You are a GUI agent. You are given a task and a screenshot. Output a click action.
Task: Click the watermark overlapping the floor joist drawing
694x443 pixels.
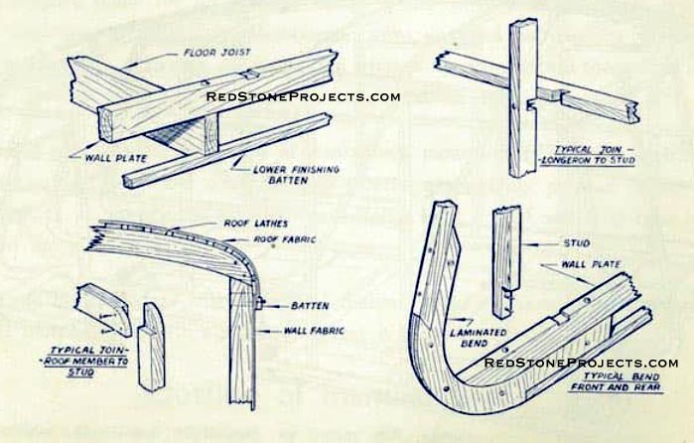point(303,96)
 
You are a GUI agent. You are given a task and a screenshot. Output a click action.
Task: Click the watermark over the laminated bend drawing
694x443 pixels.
point(581,363)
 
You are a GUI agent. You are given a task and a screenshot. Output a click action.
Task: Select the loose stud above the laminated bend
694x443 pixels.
point(507,248)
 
